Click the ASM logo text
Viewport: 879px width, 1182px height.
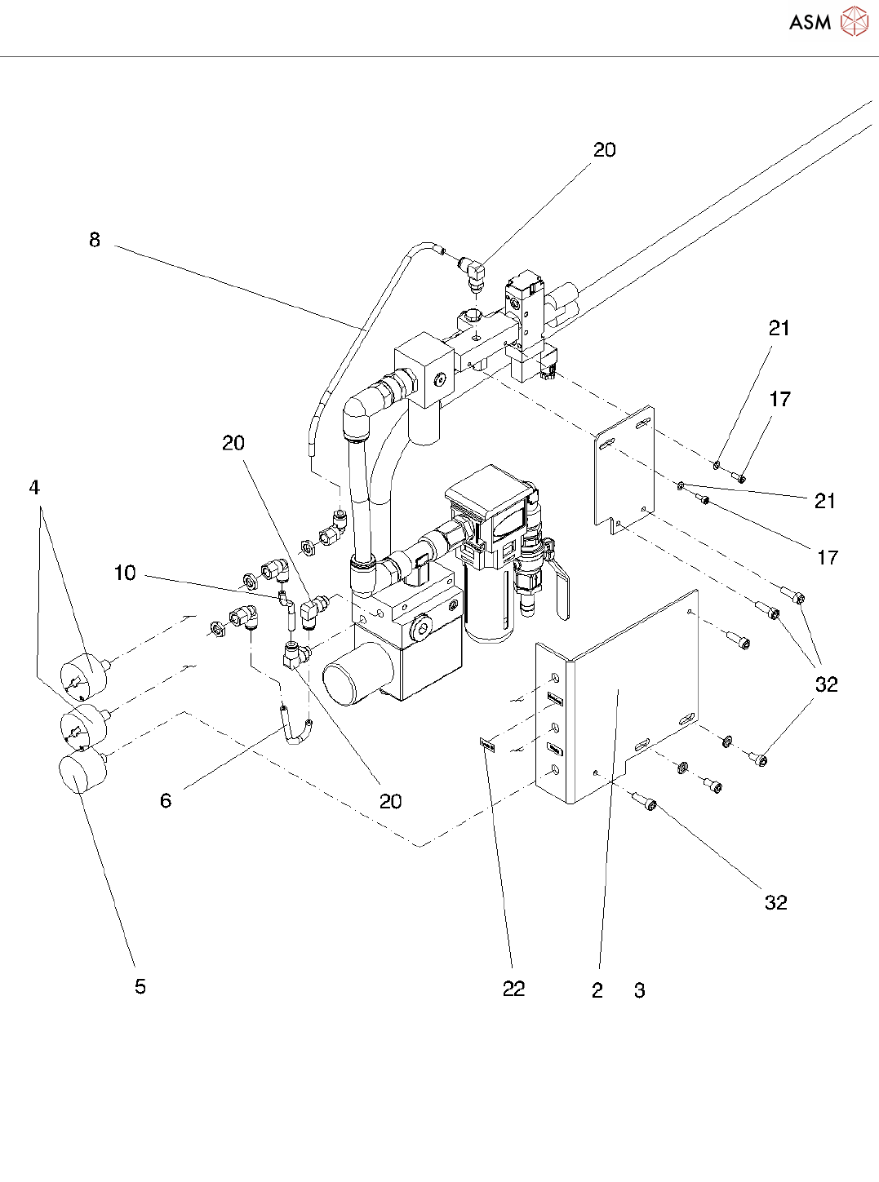point(810,22)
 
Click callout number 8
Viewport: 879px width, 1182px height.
point(95,240)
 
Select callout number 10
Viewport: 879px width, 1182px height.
point(125,573)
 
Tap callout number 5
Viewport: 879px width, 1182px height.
point(140,986)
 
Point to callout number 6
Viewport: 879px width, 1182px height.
point(166,800)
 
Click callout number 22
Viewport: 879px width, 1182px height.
point(513,989)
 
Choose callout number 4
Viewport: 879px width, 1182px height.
point(34,487)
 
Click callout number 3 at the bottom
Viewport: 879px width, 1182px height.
point(640,990)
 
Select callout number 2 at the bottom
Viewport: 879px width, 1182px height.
point(597,990)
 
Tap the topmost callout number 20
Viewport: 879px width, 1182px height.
point(604,150)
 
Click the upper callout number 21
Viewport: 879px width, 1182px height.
point(779,328)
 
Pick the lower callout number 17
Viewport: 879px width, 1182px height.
point(828,557)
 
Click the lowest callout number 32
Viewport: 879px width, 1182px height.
point(776,902)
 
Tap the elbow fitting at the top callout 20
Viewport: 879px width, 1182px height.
point(473,272)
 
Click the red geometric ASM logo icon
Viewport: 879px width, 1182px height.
point(855,21)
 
